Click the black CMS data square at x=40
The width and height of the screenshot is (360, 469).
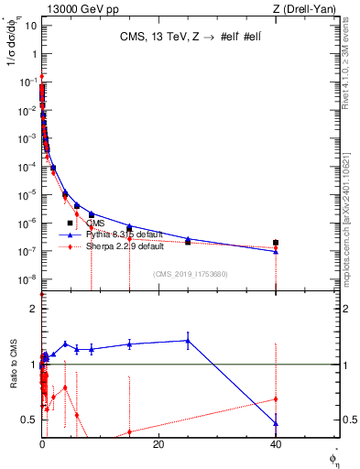276,243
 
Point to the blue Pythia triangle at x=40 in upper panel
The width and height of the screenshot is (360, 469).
276,251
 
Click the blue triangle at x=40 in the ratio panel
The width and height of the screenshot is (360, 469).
276,423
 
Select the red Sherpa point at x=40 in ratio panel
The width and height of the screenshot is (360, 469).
276,398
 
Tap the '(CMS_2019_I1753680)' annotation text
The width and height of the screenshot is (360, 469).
191,274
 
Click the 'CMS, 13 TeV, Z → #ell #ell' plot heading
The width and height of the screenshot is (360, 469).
187,38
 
